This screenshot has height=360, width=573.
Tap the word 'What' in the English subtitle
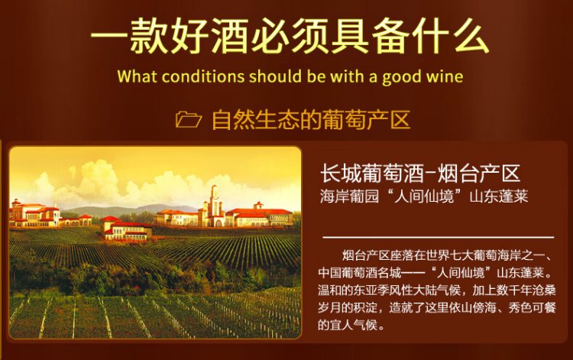point(137,76)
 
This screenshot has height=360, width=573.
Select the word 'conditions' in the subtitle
point(202,76)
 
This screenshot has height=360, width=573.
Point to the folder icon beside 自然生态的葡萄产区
point(188,119)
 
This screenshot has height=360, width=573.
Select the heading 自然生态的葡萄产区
point(311,119)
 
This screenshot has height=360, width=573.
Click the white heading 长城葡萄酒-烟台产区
point(420,174)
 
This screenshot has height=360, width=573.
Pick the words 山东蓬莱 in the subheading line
point(499,196)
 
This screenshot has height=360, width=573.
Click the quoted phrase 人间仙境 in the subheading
point(423,196)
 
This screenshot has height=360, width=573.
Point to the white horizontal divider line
point(439,237)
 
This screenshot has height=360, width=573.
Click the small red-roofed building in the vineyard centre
point(126,229)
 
